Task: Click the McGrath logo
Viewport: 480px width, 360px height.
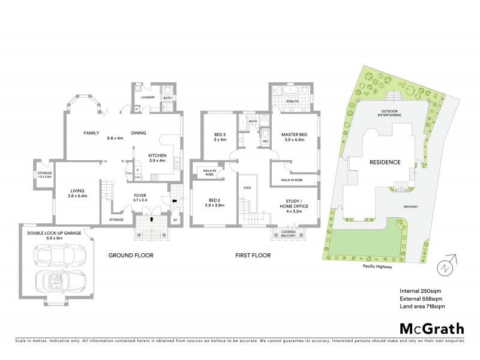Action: pos(432,328)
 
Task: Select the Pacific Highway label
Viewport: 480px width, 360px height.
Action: pos(377,266)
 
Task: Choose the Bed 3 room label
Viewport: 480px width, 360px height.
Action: pos(220,137)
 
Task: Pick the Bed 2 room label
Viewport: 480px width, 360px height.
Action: pos(214,202)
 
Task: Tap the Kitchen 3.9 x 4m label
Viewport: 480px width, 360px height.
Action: pos(157,158)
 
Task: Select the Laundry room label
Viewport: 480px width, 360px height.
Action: pos(148,97)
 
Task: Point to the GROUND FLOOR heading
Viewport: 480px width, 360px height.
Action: pos(131,256)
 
